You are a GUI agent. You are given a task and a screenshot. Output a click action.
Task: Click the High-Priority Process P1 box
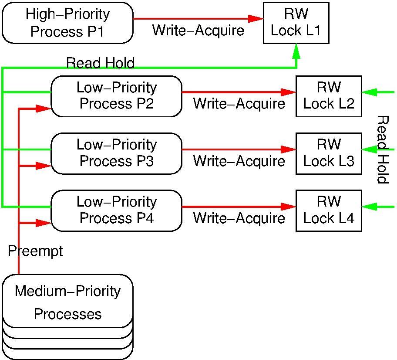pyautogui.click(x=67, y=23)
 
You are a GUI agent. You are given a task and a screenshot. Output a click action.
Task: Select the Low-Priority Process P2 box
pyautogui.click(x=116, y=96)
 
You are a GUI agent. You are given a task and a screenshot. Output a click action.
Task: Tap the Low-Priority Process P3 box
pyautogui.click(x=116, y=153)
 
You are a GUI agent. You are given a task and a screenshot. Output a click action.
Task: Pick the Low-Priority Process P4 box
pyautogui.click(x=116, y=211)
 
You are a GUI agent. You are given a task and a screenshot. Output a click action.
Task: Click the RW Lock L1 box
pyautogui.click(x=296, y=23)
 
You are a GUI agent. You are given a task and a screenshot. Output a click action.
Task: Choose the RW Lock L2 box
pyautogui.click(x=329, y=96)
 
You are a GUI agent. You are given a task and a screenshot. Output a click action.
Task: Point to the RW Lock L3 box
pyautogui.click(x=329, y=153)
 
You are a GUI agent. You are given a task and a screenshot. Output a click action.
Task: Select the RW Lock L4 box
pyautogui.click(x=329, y=211)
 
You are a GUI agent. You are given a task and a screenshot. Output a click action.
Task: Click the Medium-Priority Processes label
pyautogui.click(x=67, y=302)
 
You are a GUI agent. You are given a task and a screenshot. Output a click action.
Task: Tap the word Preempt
pyautogui.click(x=36, y=251)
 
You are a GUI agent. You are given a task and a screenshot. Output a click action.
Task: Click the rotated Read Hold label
pyautogui.click(x=382, y=149)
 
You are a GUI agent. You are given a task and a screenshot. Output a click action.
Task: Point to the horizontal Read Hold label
pyautogui.click(x=100, y=63)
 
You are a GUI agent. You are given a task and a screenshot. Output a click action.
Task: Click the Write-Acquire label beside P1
pyautogui.click(x=198, y=31)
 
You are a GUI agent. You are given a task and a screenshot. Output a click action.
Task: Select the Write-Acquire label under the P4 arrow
pyautogui.click(x=239, y=218)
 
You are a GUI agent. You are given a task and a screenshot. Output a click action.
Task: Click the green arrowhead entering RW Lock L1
pyautogui.click(x=296, y=51)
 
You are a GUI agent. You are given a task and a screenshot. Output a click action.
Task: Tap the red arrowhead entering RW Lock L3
pyautogui.click(x=289, y=149)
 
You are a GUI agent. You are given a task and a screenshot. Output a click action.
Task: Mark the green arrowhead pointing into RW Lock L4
pyautogui.click(x=369, y=207)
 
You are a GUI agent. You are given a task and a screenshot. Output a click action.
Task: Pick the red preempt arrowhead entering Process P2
pyautogui.click(x=44, y=109)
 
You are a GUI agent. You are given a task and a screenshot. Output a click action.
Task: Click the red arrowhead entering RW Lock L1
pyautogui.click(x=256, y=19)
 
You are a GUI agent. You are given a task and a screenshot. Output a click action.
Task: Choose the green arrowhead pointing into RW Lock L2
pyautogui.click(x=369, y=92)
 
